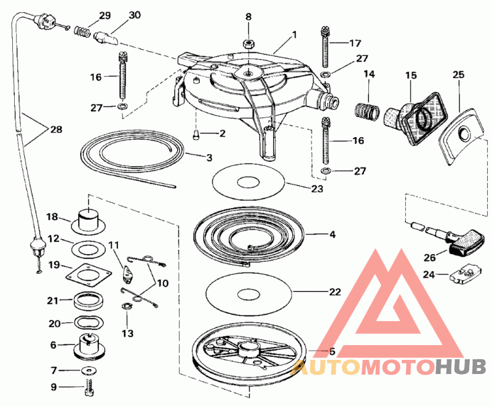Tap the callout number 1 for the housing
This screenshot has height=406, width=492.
tap(294, 35)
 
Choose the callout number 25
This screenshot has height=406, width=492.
tap(458, 75)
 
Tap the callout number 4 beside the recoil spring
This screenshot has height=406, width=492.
tap(333, 234)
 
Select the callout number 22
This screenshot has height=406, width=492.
tap(334, 292)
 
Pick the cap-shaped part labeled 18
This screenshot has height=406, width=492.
tap(87, 219)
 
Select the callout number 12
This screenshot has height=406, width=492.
tap(54, 238)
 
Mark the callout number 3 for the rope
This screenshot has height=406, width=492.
tap(209, 158)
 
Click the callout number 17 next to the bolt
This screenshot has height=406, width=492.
tap(355, 44)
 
